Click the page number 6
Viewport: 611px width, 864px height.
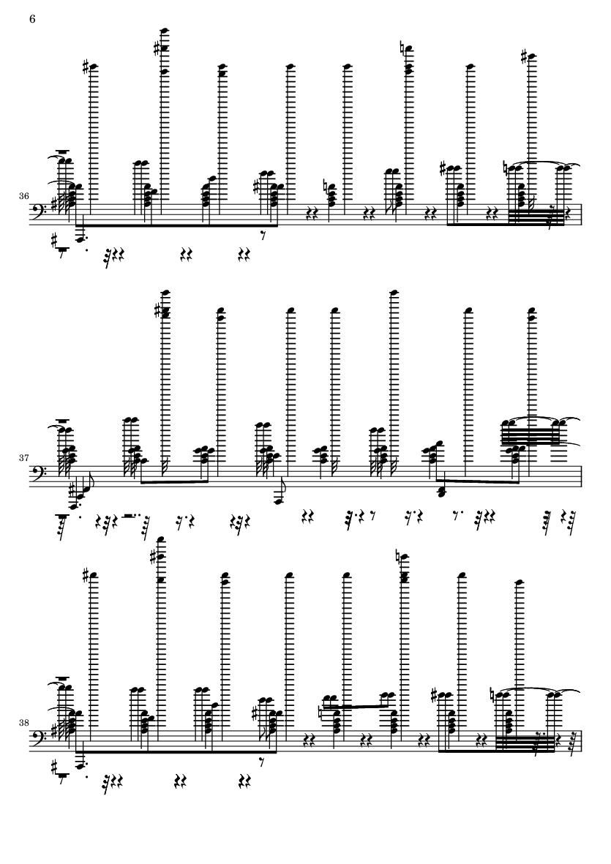[x=32, y=19]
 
